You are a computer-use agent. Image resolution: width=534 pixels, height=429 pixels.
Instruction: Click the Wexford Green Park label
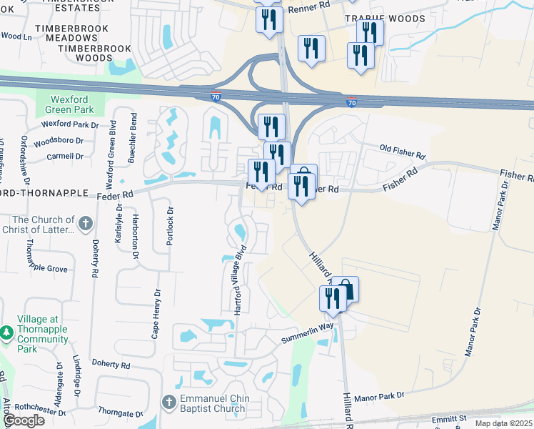click(x=71, y=105)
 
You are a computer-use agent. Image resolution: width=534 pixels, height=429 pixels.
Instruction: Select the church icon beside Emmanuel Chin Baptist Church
click(x=169, y=403)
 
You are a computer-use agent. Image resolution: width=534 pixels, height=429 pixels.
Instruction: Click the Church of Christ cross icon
click(x=85, y=224)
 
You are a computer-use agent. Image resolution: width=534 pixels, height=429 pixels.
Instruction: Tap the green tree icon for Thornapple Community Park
click(x=6, y=333)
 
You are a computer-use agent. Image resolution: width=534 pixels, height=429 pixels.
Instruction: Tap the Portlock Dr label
click(x=170, y=227)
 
